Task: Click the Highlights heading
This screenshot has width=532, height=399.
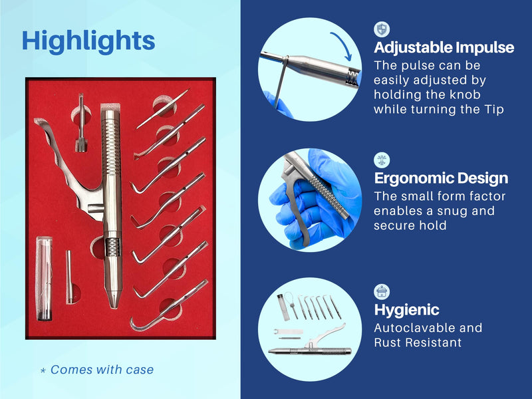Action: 88,41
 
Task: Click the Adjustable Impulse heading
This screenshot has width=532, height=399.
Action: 444,48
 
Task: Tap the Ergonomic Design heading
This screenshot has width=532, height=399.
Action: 441,178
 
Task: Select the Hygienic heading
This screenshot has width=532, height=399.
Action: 406,310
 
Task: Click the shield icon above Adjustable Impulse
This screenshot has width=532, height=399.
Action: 382,29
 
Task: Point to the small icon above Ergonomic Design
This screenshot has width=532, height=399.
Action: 382,160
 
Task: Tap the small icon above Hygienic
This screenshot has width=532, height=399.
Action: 382,291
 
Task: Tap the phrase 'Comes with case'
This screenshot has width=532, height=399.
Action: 102,370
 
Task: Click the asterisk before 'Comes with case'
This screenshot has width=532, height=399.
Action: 43,370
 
